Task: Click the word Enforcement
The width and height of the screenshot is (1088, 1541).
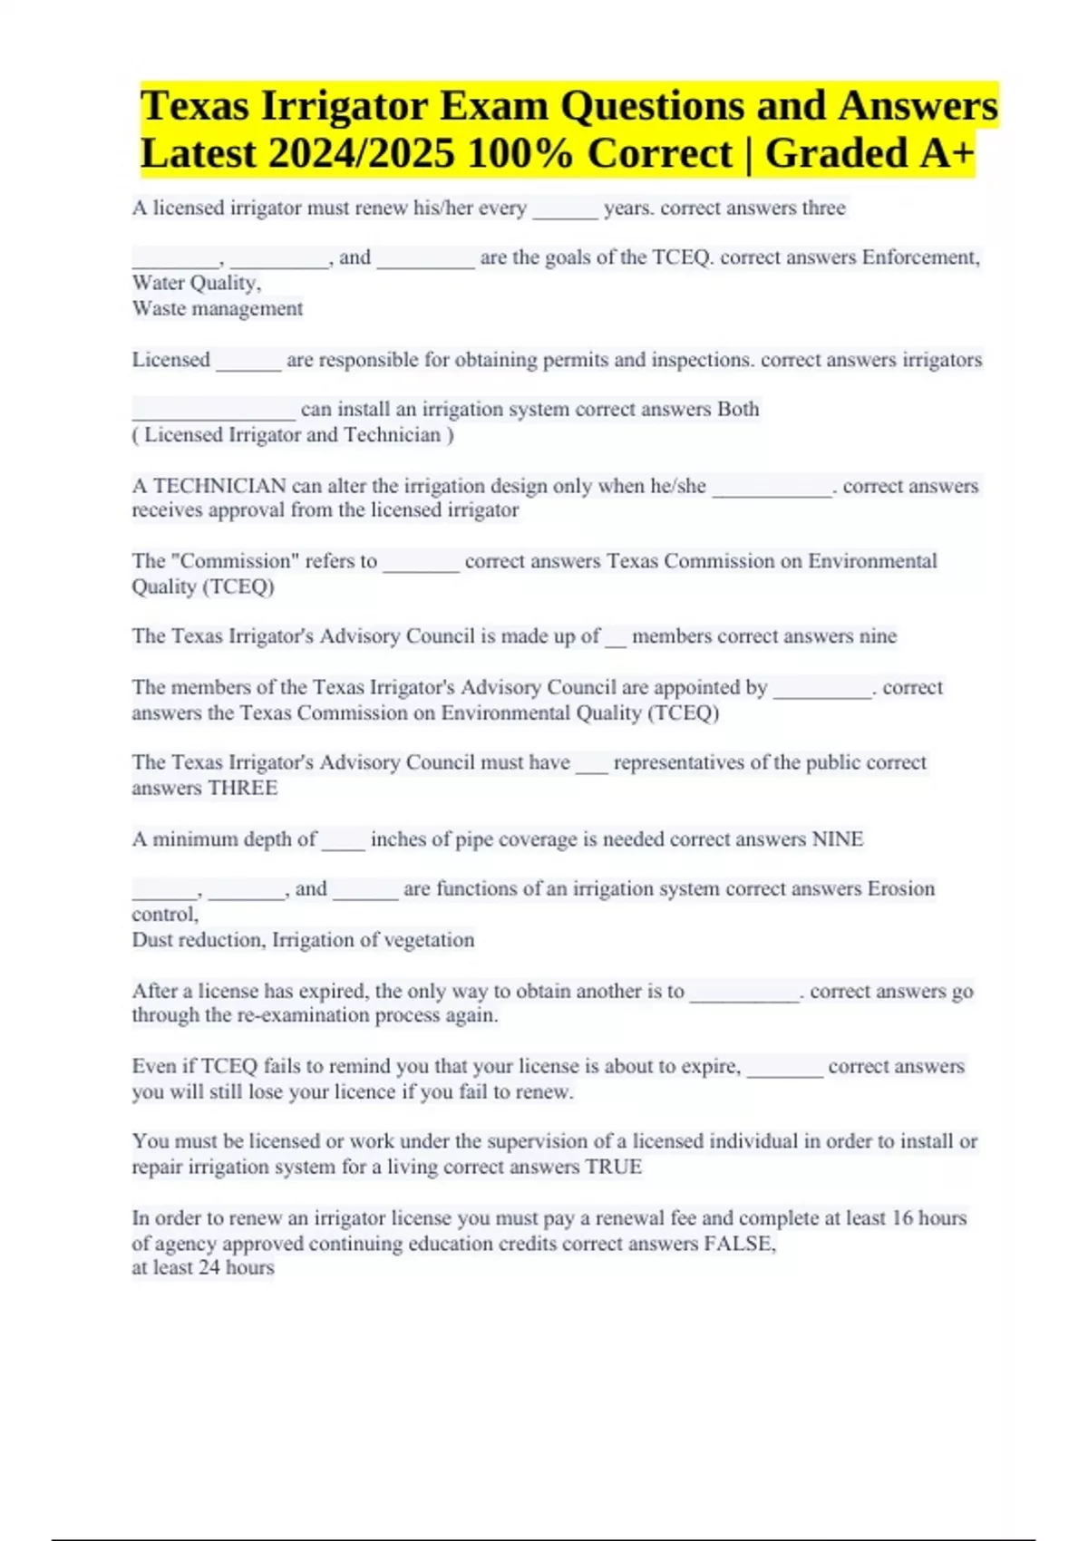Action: (x=920, y=257)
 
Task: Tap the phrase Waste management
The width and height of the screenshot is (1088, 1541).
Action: (x=218, y=308)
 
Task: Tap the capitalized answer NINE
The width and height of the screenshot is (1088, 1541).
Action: (x=837, y=839)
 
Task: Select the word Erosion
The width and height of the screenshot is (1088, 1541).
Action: (x=900, y=888)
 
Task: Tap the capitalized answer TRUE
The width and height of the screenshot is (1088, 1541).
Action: (x=614, y=1167)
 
